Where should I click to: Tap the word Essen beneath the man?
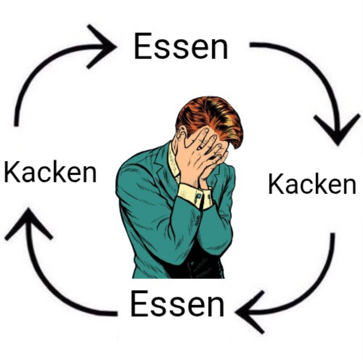[x=177, y=304]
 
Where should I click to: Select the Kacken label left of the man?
[x=50, y=172]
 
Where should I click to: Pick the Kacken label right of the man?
[x=312, y=184]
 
